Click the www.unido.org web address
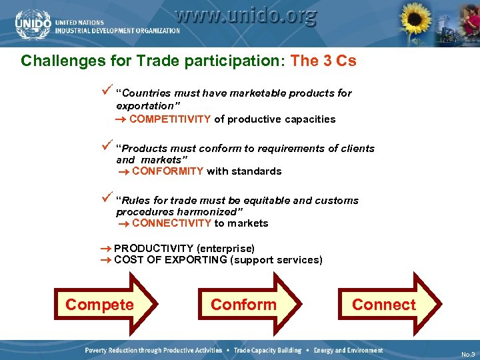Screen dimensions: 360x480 (246, 16)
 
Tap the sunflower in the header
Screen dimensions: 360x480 (417, 24)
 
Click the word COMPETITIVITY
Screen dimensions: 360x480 (170, 119)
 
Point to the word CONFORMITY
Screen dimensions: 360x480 (167, 171)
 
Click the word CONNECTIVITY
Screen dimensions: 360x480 (171, 223)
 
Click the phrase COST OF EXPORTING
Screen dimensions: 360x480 (170, 260)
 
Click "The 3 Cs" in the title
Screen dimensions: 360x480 (323, 61)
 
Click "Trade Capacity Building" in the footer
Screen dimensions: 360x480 (267, 351)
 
